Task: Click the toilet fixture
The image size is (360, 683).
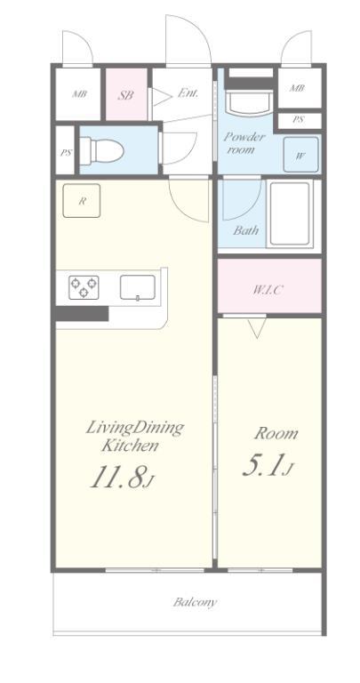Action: coord(101,150)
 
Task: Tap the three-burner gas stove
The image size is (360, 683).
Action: coord(84,287)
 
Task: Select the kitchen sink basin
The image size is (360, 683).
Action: coord(138,287)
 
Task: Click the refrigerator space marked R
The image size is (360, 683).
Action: coord(82,201)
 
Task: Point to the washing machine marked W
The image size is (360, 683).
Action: coord(300,155)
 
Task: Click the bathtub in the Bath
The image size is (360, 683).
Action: coord(290,213)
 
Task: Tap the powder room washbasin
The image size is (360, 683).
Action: coord(250,103)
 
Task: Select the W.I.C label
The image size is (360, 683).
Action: coord(267,289)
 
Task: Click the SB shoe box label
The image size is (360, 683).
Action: coord(126,95)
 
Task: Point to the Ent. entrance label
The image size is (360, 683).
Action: coord(188,92)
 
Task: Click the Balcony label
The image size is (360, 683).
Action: coord(194,602)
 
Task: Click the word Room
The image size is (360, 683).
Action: coord(276,433)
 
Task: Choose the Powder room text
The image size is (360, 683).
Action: coord(244,143)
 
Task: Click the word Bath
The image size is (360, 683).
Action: coord(245,230)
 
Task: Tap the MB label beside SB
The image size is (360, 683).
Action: coord(79,94)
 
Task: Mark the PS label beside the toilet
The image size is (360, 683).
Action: coord(66,153)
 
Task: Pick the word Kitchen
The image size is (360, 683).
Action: coord(130,446)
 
